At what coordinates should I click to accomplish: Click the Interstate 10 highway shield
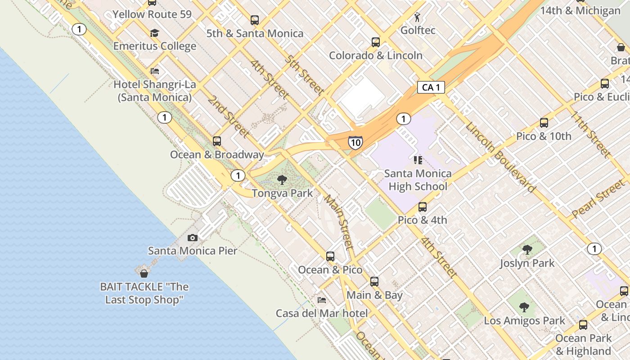pos(355,143)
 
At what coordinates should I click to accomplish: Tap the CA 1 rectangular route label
pos(431,87)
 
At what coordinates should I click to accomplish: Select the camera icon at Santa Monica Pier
pos(193,238)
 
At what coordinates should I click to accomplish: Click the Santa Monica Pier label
pos(193,251)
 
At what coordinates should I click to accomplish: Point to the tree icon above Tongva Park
pos(282,180)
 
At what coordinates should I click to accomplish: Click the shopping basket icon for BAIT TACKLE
pos(144,273)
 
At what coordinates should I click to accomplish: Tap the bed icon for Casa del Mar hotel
pos(322,300)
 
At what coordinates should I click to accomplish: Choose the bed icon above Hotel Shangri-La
pos(155,71)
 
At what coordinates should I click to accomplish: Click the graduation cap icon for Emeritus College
pos(155,33)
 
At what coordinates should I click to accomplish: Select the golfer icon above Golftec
pos(418,17)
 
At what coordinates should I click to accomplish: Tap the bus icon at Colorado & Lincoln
pos(376,42)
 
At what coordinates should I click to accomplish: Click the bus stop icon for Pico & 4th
pos(423,207)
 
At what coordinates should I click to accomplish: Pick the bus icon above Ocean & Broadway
pos(217,141)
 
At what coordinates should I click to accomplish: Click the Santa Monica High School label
pos(418,180)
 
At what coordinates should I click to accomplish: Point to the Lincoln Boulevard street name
pos(501,157)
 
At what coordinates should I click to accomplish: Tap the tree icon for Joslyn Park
pos(527,250)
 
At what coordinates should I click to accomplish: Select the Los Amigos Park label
pos(524,321)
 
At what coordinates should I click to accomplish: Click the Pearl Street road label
pos(598,199)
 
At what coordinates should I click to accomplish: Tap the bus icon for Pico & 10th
pos(544,123)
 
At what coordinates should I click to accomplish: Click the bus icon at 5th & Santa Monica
pos(255,20)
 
